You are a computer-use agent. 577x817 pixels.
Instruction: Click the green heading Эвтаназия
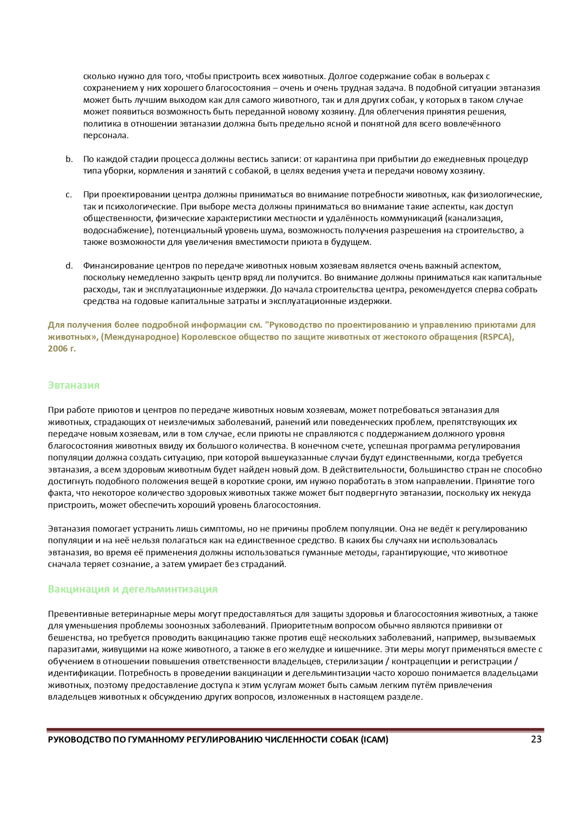pos(73,385)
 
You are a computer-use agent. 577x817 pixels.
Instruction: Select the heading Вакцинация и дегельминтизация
pos(133,589)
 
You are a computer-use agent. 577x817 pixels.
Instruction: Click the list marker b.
pos(69,159)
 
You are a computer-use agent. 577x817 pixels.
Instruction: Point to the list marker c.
pos(69,195)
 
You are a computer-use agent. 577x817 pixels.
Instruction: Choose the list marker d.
pos(69,266)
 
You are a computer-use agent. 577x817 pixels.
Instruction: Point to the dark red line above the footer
pos(295,729)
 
